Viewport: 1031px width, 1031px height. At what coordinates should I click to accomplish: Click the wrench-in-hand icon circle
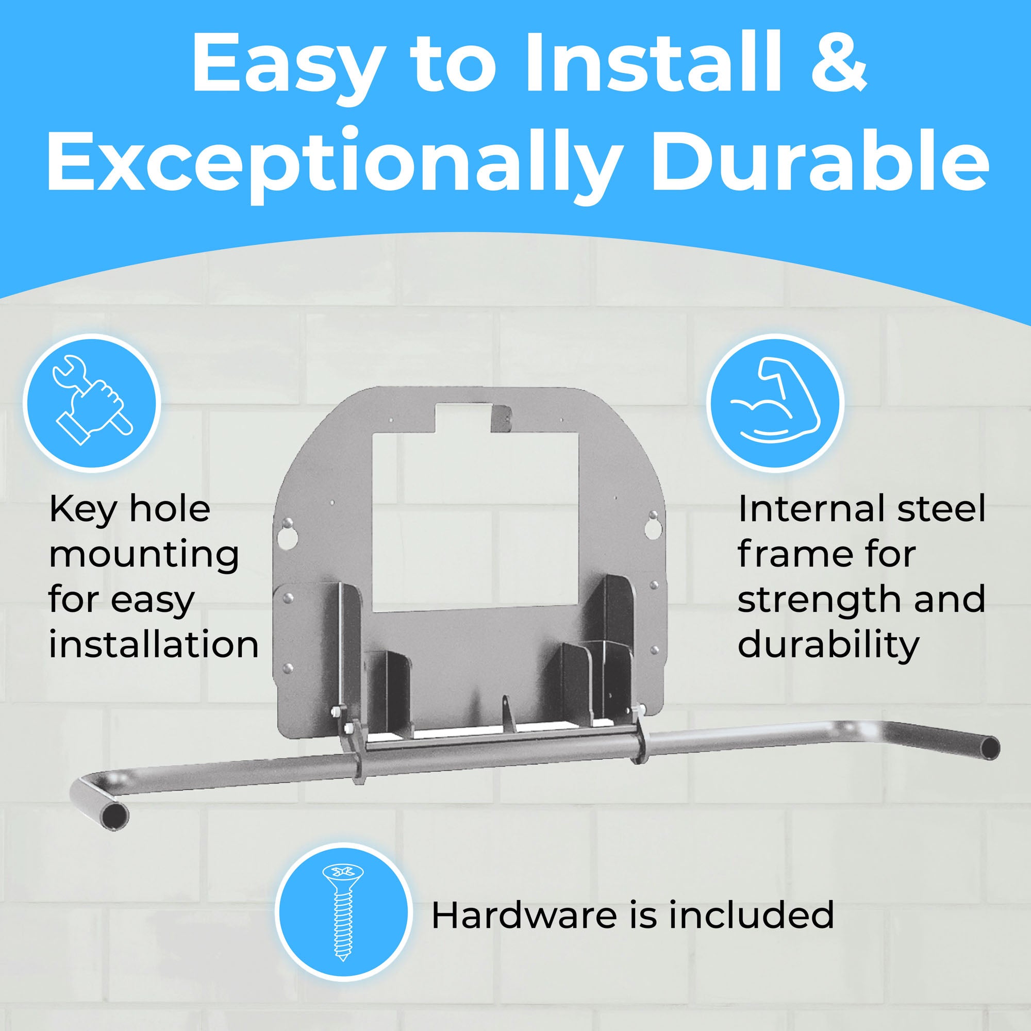point(92,404)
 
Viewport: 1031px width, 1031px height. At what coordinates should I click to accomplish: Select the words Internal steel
point(861,509)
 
